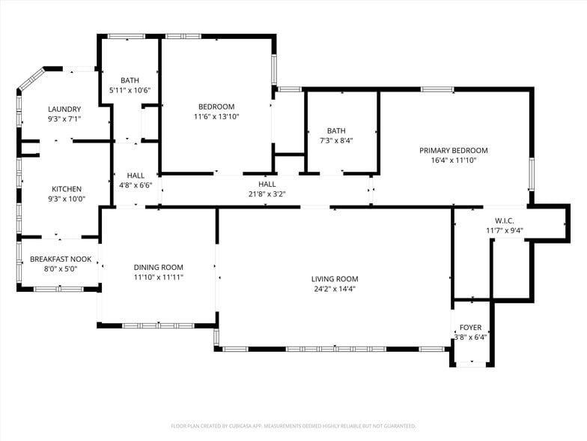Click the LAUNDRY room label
[x=64, y=109]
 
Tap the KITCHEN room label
[x=67, y=189]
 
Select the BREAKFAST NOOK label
[x=61, y=259]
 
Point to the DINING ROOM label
[x=158, y=267]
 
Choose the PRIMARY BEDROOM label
[x=453, y=150]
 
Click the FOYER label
[x=470, y=328]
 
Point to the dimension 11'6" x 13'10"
[x=216, y=116]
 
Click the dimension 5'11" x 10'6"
[x=130, y=90]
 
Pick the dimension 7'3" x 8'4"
[x=336, y=140]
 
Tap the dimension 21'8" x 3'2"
[x=267, y=193]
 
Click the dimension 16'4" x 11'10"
[x=453, y=160]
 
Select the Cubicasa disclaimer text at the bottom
[x=293, y=425]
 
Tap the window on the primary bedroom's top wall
[x=437, y=89]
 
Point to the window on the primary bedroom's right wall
[x=532, y=173]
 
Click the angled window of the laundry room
[x=31, y=79]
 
